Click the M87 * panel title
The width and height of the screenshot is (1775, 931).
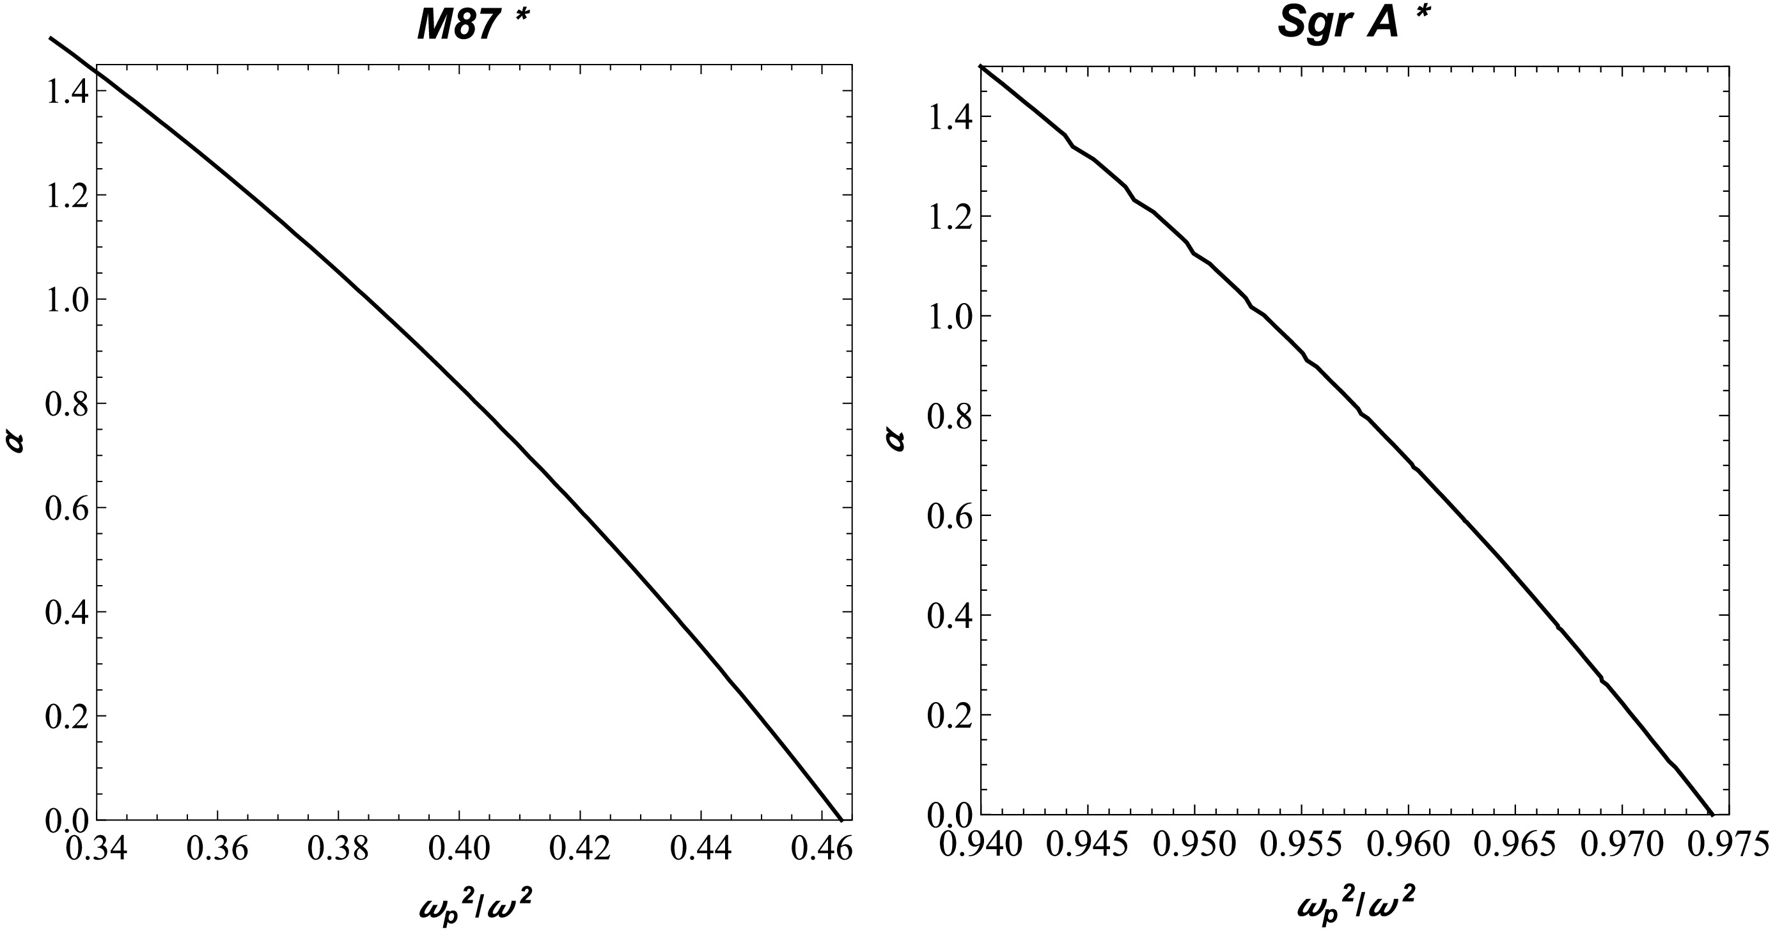point(474,26)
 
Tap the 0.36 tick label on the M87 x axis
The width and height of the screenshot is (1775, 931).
point(217,849)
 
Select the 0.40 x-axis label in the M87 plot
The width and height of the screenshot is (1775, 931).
point(459,849)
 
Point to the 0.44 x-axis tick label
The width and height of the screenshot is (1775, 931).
point(701,849)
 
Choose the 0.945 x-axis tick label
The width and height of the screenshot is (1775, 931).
point(1088,845)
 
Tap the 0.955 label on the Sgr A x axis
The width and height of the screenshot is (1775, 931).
point(1301,845)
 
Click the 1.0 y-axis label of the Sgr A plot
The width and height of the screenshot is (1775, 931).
point(949,317)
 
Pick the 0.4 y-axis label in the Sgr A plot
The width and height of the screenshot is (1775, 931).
point(949,615)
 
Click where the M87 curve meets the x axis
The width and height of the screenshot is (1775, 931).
point(841,818)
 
